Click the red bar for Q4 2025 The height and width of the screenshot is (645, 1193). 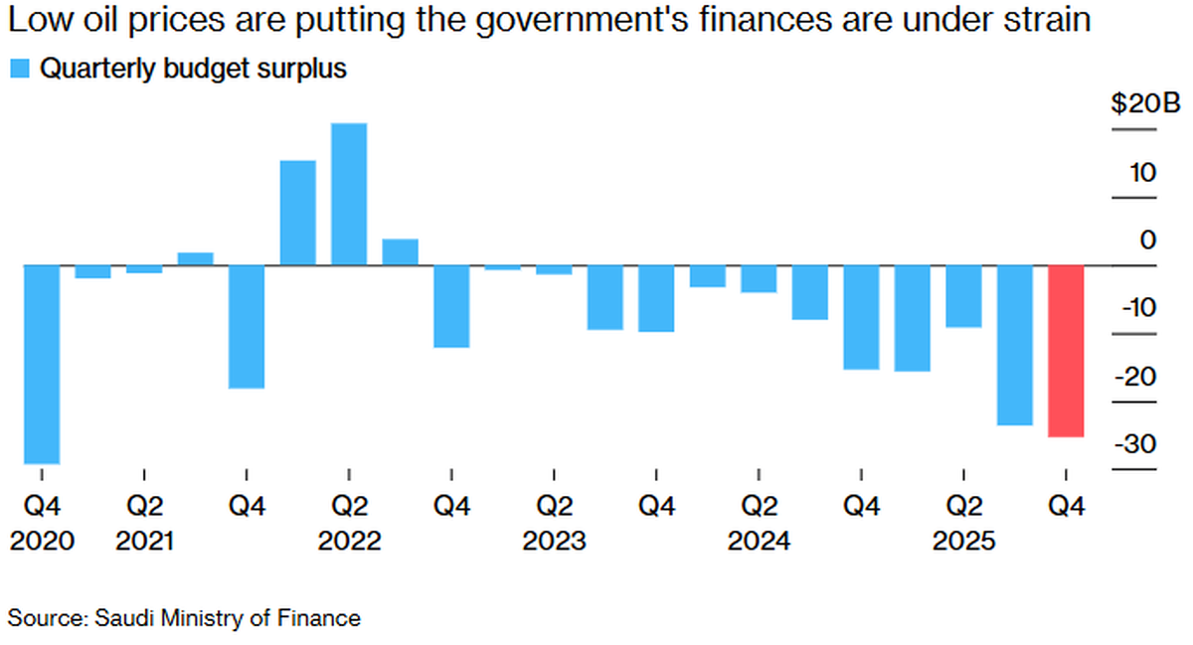(x=1066, y=351)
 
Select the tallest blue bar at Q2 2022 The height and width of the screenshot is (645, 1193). (x=348, y=195)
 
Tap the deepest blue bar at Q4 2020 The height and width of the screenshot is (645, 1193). (x=42, y=365)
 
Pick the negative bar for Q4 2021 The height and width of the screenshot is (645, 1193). (x=247, y=327)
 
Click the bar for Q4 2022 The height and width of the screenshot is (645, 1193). (x=451, y=307)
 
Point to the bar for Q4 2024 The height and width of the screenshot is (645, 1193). (x=861, y=318)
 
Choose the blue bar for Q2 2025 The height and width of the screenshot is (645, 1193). (x=963, y=296)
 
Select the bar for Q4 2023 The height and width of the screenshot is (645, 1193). (x=656, y=299)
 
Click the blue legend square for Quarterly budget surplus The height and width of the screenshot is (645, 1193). (x=18, y=69)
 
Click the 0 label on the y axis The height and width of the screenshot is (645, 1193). (x=1148, y=241)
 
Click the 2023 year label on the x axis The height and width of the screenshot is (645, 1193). (x=554, y=542)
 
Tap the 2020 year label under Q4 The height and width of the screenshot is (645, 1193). (x=42, y=542)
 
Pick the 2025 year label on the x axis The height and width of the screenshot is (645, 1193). (x=962, y=542)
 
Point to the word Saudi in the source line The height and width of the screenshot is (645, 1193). (x=124, y=618)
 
